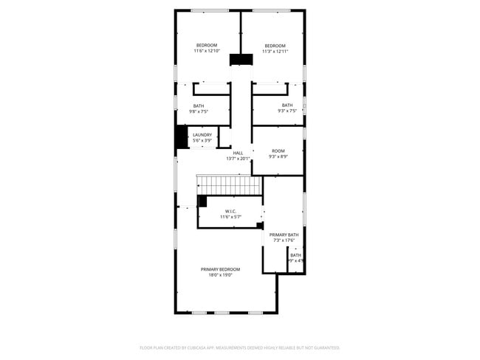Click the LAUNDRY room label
[202, 134]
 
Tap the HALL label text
[238, 153]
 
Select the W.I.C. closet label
[231, 211]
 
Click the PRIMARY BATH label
[284, 235]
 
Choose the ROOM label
[278, 150]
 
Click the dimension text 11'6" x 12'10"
[207, 51]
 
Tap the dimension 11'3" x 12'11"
[275, 52]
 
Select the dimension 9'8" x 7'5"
[199, 111]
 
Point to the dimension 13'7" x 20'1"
[238, 159]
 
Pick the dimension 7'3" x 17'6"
[284, 240]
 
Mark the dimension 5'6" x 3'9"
[202, 140]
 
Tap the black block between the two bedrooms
[240, 60]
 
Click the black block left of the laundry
[181, 137]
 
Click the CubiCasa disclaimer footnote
[239, 347]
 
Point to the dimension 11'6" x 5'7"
[231, 217]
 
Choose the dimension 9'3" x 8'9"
[278, 156]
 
